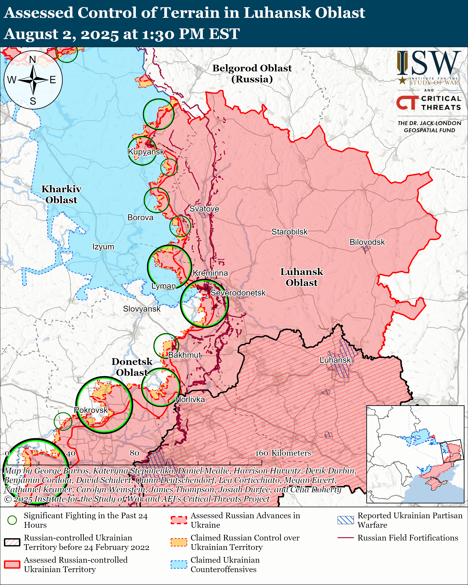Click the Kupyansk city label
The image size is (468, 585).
point(146,152)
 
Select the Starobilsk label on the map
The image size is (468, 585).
point(289,232)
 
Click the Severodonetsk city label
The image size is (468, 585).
point(238,293)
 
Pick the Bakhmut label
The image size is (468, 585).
point(184,355)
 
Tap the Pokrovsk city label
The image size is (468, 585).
point(91,410)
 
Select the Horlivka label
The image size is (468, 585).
point(190,399)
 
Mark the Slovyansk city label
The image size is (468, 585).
point(142,309)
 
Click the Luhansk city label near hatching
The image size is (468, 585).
point(335,360)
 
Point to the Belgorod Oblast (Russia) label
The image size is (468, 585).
point(252,73)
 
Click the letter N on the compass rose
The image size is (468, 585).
point(32,59)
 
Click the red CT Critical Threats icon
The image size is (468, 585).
point(407,103)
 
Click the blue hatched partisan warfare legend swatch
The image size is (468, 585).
point(345,520)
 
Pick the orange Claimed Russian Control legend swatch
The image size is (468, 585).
point(179,542)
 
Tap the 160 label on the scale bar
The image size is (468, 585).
point(262,453)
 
